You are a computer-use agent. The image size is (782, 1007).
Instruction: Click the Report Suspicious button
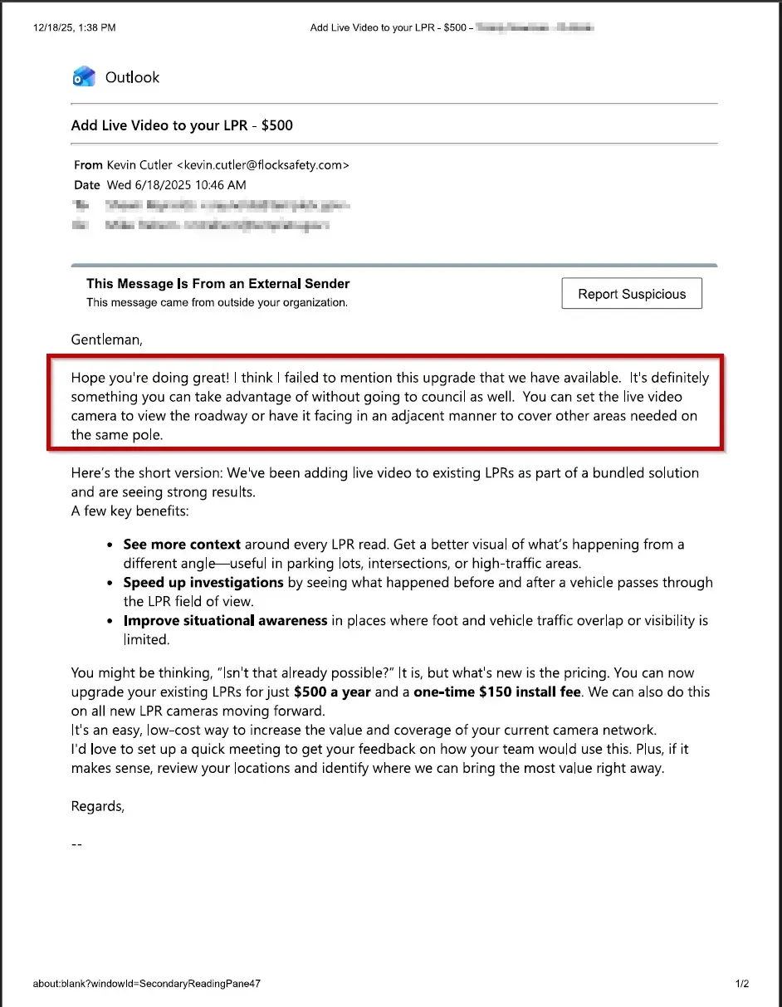tap(632, 294)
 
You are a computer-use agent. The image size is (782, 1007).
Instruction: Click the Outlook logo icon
tap(84, 77)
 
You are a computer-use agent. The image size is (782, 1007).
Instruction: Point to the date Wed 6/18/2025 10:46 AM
tap(176, 185)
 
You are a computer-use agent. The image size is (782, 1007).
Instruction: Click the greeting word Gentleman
tap(106, 340)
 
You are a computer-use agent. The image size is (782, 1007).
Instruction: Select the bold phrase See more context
tap(182, 545)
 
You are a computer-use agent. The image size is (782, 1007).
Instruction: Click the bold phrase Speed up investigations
tap(203, 583)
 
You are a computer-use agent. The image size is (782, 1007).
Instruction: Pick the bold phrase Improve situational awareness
tap(225, 620)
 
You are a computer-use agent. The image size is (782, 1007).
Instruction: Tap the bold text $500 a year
tap(332, 692)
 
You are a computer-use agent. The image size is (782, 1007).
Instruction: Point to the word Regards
tap(97, 806)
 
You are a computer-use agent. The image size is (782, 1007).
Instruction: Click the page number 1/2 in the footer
tap(741, 985)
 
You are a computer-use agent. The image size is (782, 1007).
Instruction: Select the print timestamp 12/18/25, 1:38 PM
tap(75, 27)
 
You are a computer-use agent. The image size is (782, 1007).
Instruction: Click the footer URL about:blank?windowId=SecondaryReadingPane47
tap(147, 985)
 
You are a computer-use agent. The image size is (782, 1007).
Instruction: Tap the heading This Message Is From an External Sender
tap(218, 284)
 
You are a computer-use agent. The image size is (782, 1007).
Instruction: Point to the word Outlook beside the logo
tap(132, 77)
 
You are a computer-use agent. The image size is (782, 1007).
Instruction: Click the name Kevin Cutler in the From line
tap(139, 165)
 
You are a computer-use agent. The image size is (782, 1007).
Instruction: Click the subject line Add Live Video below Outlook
tap(182, 125)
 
